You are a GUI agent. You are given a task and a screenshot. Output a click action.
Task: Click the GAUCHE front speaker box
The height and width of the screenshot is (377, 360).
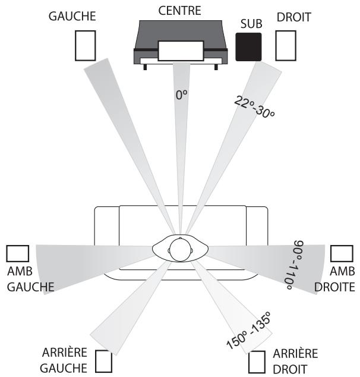tap(85, 45)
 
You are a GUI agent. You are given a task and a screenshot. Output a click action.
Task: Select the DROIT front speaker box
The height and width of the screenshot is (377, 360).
tap(286, 45)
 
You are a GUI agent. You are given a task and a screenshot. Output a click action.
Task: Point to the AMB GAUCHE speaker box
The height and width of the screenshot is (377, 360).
tap(17, 253)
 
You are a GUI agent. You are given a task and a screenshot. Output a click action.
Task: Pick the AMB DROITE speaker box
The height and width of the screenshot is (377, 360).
tap(341, 253)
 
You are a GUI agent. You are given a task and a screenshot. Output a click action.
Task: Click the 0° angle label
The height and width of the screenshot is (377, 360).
tap(182, 95)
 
